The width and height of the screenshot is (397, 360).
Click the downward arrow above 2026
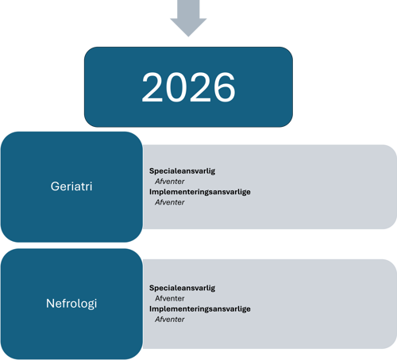(188, 18)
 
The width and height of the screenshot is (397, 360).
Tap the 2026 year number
(188, 87)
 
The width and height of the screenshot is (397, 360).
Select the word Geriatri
(71, 186)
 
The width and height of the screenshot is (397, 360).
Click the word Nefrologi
(71, 304)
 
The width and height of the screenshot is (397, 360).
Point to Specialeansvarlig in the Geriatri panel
(182, 171)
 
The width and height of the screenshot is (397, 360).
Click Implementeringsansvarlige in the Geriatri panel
(200, 192)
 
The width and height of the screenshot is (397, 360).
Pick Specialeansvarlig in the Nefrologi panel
(182, 288)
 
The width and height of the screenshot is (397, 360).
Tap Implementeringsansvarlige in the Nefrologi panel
(200, 308)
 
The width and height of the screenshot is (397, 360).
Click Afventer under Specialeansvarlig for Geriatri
(170, 182)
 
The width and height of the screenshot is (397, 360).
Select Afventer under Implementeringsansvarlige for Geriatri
(170, 202)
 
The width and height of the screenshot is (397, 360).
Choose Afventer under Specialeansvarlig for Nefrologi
(170, 298)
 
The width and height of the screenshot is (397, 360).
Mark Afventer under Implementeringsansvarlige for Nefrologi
(170, 320)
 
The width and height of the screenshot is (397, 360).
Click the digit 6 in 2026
(225, 87)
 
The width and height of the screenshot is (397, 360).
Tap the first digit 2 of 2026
(152, 87)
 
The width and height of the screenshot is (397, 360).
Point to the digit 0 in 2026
(176, 87)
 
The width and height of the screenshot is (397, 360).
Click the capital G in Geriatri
(55, 186)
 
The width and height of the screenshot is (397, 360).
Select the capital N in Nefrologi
(50, 303)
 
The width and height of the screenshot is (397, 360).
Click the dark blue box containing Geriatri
(71, 187)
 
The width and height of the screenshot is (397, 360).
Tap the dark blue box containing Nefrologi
(71, 304)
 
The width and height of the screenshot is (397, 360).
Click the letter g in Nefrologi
(91, 304)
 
